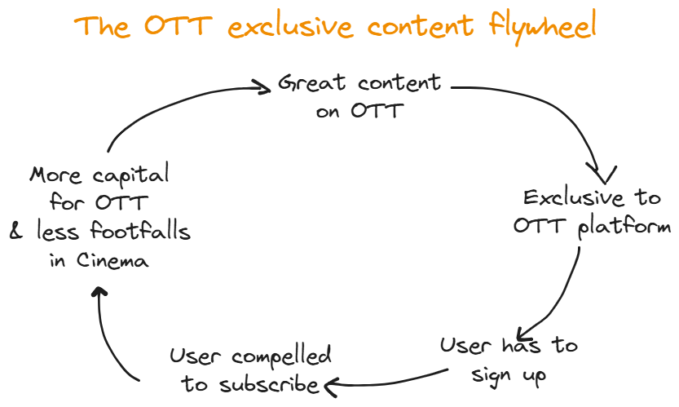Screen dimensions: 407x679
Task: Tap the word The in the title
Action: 99,26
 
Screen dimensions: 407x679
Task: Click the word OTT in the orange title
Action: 174,26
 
